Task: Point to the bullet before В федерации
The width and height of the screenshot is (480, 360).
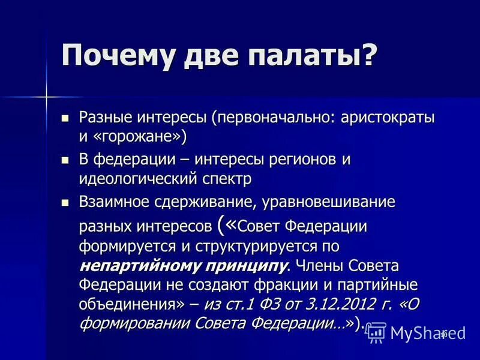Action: (x=66, y=160)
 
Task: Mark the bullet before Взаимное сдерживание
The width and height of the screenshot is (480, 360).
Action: (x=66, y=202)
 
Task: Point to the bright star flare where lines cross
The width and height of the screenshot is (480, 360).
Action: (x=46, y=96)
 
